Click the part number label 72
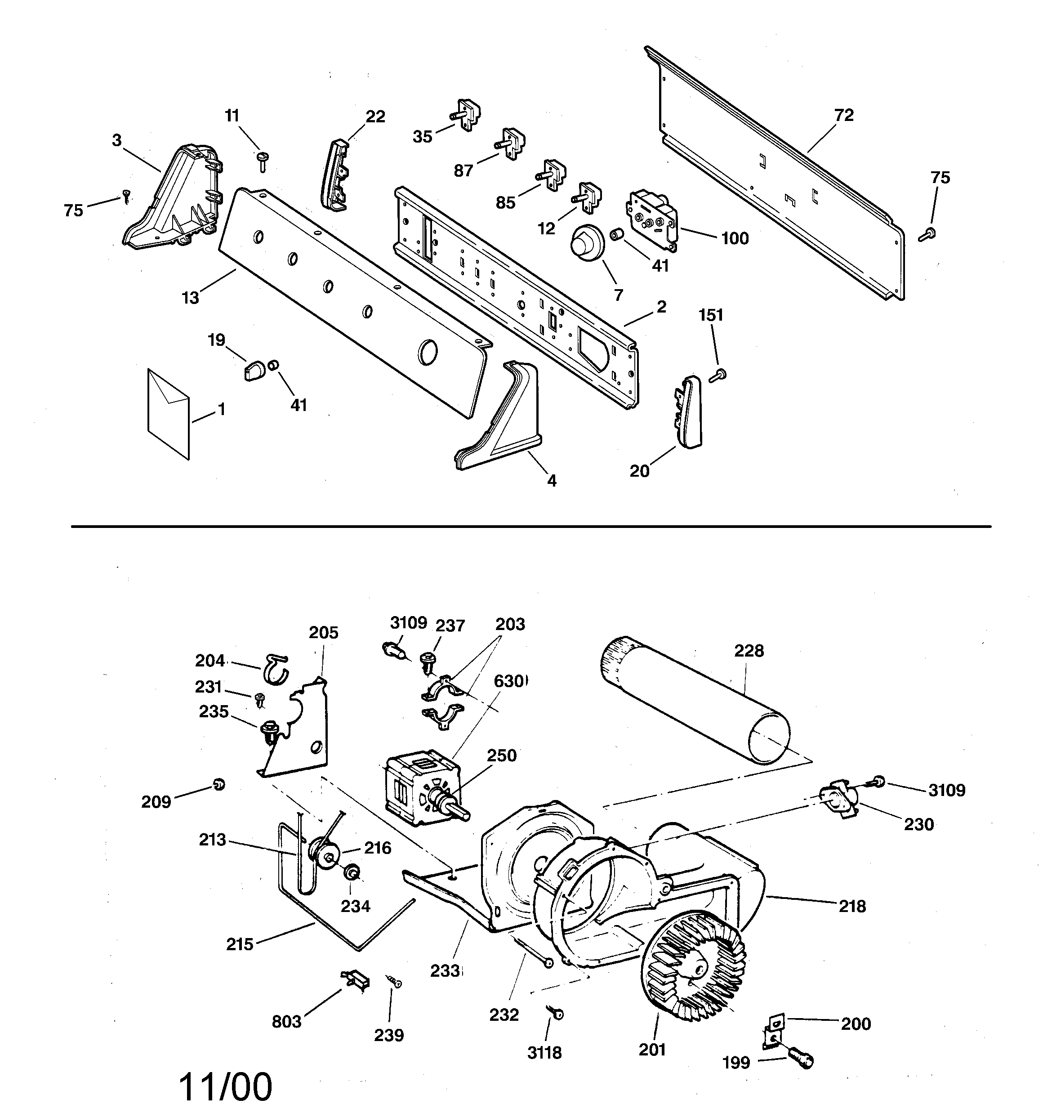click(x=844, y=115)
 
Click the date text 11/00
click(x=225, y=1086)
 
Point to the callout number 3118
click(x=544, y=1053)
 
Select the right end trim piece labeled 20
click(x=689, y=411)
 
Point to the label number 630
click(x=509, y=681)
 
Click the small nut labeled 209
click(x=219, y=785)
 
